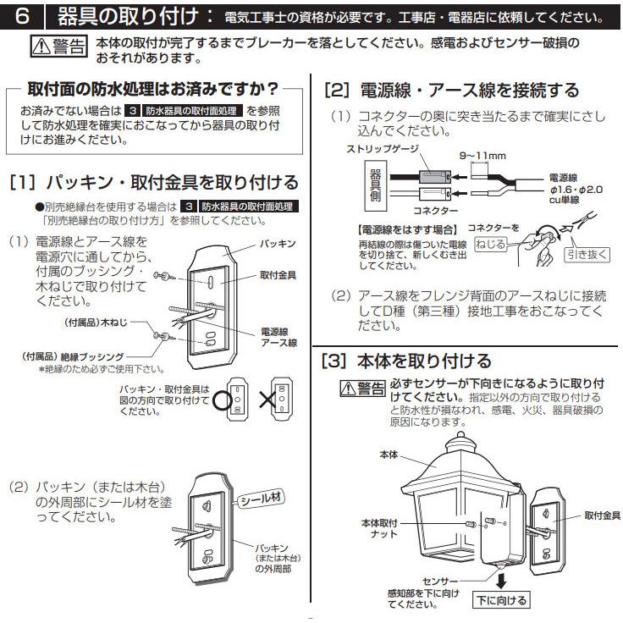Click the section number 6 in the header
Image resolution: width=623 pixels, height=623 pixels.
[25, 16]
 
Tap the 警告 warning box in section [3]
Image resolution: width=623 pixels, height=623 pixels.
[361, 389]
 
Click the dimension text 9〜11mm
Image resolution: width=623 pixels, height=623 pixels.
[483, 156]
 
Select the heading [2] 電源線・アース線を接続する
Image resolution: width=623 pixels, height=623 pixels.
[452, 91]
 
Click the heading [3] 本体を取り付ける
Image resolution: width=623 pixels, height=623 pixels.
[407, 361]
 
